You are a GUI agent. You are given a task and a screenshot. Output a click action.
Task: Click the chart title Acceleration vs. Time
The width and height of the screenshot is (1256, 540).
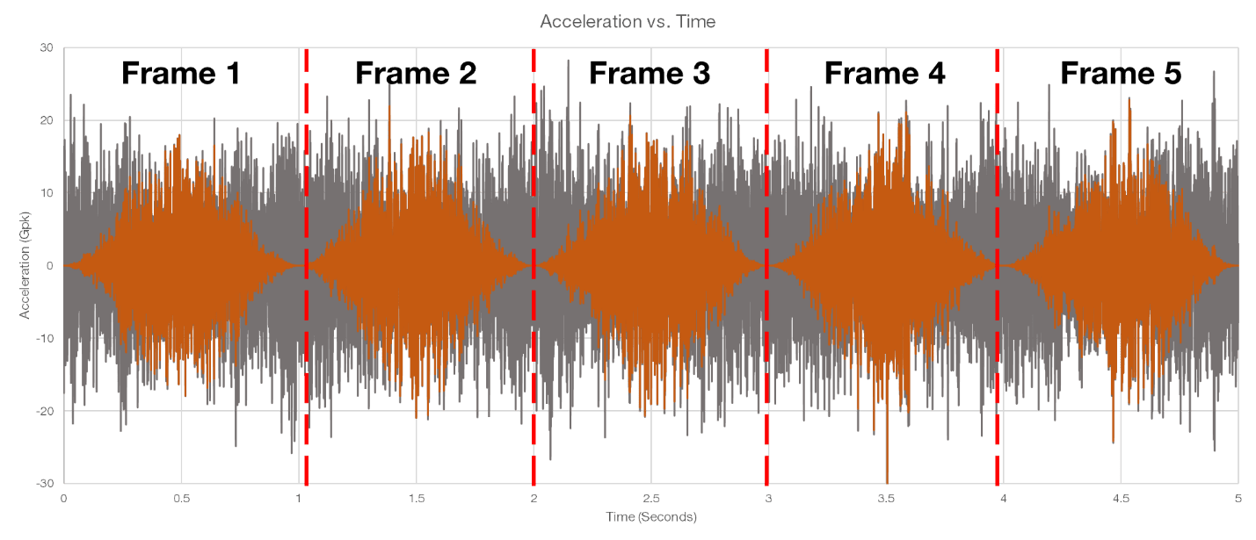coord(628,21)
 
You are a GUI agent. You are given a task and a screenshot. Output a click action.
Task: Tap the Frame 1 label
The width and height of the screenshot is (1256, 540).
coord(180,74)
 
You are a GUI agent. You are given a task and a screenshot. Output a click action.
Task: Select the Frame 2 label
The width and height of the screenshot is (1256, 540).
coord(416,74)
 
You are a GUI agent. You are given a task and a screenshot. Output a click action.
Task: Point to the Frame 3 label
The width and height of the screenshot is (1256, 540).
coord(650,74)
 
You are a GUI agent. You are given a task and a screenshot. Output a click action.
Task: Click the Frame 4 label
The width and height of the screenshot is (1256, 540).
coord(885,74)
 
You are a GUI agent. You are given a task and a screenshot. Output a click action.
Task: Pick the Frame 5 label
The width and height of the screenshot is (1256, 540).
coord(1121,74)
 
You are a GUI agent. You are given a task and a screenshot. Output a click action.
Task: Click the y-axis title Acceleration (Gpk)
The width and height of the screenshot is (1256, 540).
coord(25,265)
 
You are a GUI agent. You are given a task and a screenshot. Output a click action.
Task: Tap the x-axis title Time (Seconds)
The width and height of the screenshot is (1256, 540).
coord(651,516)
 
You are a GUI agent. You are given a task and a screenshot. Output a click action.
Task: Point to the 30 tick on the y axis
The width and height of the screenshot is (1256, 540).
coord(47,47)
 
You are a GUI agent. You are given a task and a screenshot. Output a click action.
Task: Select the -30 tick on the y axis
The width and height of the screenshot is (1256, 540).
coord(45,484)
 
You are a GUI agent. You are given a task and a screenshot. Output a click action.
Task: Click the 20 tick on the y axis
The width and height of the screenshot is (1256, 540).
coord(47,120)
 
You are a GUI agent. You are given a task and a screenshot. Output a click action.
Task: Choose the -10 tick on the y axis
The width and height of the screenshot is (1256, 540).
coord(45,338)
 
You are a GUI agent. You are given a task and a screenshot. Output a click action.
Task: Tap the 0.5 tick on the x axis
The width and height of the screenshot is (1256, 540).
coord(181,499)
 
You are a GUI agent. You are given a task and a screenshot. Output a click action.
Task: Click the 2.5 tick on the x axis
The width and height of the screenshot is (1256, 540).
coord(651,499)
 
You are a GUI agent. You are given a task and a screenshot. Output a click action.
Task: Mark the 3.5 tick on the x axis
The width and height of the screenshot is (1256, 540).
coord(886,499)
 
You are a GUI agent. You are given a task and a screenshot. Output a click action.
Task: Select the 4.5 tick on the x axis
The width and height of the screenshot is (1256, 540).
coord(1121,499)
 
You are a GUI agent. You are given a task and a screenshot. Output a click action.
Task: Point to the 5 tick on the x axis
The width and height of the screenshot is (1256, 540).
coord(1238,499)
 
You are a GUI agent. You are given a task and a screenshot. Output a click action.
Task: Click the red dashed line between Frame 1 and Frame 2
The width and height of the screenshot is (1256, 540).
coord(306,267)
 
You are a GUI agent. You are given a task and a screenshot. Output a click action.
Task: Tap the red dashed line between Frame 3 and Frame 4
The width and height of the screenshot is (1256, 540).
coord(766,267)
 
